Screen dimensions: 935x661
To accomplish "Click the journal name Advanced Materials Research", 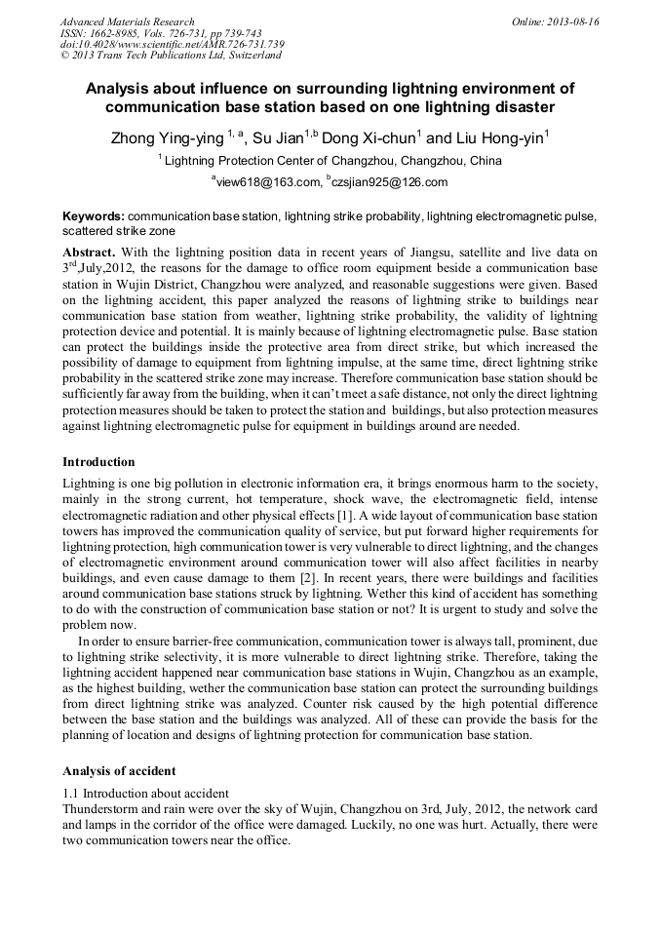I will click(127, 21).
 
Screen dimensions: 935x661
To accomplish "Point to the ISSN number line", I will click(160, 33).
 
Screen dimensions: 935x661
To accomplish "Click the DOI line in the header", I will click(172, 44).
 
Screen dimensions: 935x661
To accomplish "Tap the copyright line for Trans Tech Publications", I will click(171, 56).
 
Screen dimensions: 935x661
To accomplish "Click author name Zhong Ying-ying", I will click(167, 139).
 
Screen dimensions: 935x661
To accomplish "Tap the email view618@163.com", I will click(267, 182).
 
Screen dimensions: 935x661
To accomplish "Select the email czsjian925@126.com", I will click(389, 182).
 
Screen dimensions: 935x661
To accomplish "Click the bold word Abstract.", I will click(88, 253).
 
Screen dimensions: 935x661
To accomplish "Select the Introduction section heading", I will click(98, 461).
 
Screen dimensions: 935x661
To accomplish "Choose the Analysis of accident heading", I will click(119, 770).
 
